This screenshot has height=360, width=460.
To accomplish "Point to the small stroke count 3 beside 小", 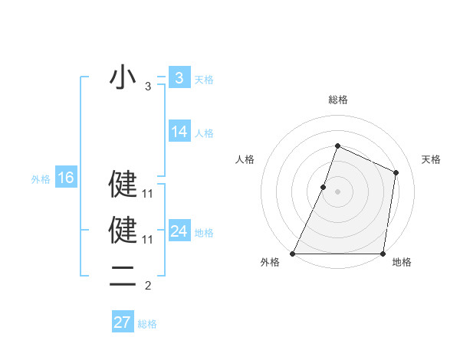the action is click(148, 87).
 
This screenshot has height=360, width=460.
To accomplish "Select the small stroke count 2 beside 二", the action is click(148, 286).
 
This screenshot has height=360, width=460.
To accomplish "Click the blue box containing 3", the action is click(179, 77).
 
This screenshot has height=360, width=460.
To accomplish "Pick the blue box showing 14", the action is click(179, 132).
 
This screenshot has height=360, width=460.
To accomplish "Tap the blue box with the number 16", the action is click(66, 178).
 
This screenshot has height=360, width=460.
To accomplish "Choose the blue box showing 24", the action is click(179, 231).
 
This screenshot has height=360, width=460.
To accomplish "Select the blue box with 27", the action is click(123, 322).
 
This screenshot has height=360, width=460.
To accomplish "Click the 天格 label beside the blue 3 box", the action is click(204, 79).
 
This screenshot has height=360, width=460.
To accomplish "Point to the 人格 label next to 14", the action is click(204, 133).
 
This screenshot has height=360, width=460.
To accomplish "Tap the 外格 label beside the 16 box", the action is click(41, 179).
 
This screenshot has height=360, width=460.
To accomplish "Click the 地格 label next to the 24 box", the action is click(204, 233).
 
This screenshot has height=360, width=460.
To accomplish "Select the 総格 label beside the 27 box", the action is click(147, 324).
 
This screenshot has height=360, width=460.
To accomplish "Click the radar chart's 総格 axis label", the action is click(337, 100).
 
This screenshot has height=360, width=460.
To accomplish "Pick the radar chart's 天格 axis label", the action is click(432, 159).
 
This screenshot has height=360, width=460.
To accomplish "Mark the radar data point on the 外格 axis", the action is click(293, 254).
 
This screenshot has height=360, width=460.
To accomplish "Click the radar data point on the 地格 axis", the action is click(383, 254).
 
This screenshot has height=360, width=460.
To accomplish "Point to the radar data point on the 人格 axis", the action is click(324, 187).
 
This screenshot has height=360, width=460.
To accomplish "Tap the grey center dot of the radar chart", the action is click(338, 191).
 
